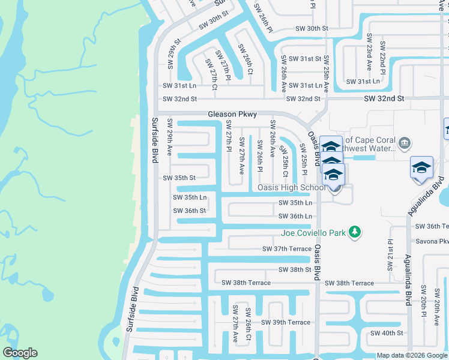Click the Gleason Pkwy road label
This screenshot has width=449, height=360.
coord(232,114)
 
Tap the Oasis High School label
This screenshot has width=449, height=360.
coord(291,187)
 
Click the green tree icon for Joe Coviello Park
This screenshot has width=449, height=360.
coord(355,232)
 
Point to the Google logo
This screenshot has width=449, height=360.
coord(20,353)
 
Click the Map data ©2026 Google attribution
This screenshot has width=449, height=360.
coord(412,355)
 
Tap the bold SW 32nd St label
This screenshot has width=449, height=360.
coord(384,98)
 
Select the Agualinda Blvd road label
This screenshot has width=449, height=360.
coord(408,279)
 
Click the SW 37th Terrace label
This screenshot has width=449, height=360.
coord(287,249)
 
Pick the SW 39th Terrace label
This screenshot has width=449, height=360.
coord(285,322)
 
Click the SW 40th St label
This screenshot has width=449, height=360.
coord(386,333)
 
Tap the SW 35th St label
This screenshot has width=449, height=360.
coord(179,178)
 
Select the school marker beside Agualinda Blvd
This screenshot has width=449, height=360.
coord(421,167)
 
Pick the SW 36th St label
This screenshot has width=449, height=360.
coord(190,211)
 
